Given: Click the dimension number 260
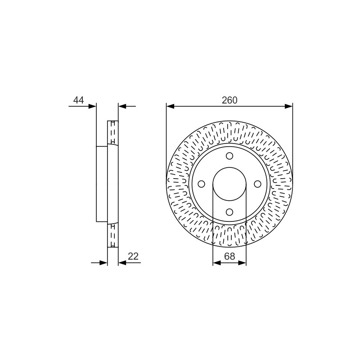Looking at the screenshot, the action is [x=229, y=100].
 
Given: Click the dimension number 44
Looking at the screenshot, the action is [x=78, y=100].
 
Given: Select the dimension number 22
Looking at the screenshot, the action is [x=133, y=256].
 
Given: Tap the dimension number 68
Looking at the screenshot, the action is [x=229, y=256].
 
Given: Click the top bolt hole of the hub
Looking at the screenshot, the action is [x=229, y=156].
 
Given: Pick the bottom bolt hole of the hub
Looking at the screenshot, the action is [x=229, y=212].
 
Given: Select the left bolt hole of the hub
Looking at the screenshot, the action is [x=201, y=184].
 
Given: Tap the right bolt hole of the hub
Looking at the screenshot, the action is [x=257, y=184].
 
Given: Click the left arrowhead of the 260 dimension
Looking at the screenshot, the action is [x=170, y=106].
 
